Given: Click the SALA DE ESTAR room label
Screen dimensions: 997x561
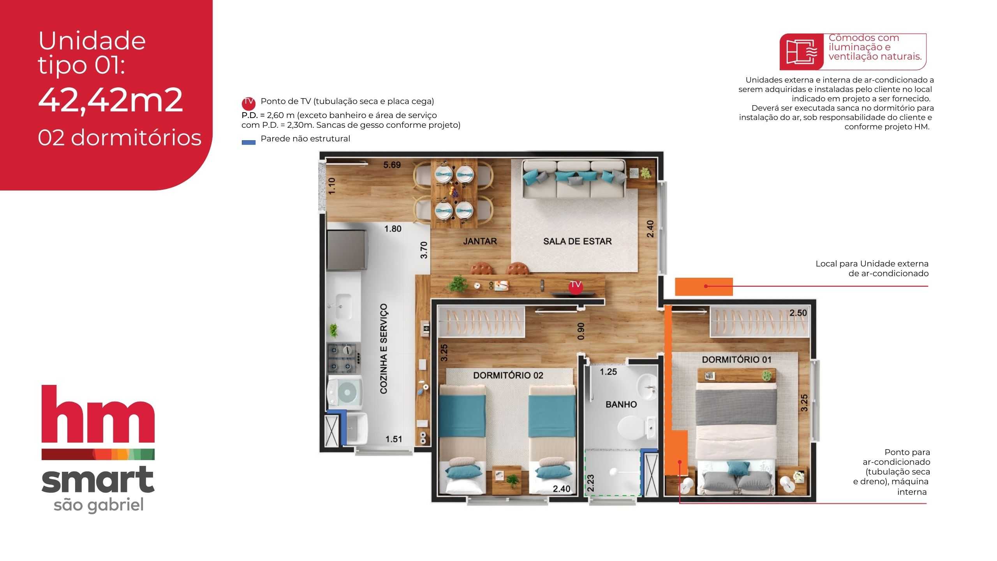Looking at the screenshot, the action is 577,242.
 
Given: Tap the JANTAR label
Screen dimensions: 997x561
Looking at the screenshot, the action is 480,242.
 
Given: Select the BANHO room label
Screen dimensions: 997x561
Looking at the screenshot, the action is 621,404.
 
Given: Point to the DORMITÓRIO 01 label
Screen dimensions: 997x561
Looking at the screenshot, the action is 736,360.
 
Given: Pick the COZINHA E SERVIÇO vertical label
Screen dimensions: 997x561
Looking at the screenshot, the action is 384,349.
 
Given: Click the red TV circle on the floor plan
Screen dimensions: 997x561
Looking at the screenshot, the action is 576,286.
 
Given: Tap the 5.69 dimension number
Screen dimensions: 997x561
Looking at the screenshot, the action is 392,165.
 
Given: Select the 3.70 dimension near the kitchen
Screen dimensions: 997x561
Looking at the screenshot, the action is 424,250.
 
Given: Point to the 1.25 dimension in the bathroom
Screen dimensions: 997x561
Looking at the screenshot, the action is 608,372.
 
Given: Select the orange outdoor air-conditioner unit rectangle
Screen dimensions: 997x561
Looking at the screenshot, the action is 704,287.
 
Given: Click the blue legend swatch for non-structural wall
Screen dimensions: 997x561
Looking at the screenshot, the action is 248,143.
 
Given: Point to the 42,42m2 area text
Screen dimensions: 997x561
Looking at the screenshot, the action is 111,100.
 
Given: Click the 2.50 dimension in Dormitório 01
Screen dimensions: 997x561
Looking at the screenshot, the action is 798,313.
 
